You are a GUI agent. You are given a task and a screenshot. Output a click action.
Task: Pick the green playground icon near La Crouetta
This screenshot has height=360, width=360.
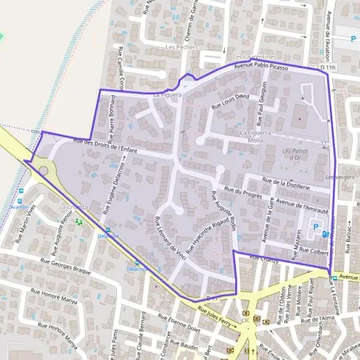pyautogui.click(x=79, y=221)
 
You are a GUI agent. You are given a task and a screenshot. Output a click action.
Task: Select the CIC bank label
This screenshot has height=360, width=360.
pyautogui.click(x=245, y=320)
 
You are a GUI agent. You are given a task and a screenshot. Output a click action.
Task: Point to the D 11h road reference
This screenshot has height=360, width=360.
pyautogui.click(x=328, y=68)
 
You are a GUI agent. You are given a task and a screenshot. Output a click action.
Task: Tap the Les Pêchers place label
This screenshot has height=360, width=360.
pyautogui.click(x=177, y=47)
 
